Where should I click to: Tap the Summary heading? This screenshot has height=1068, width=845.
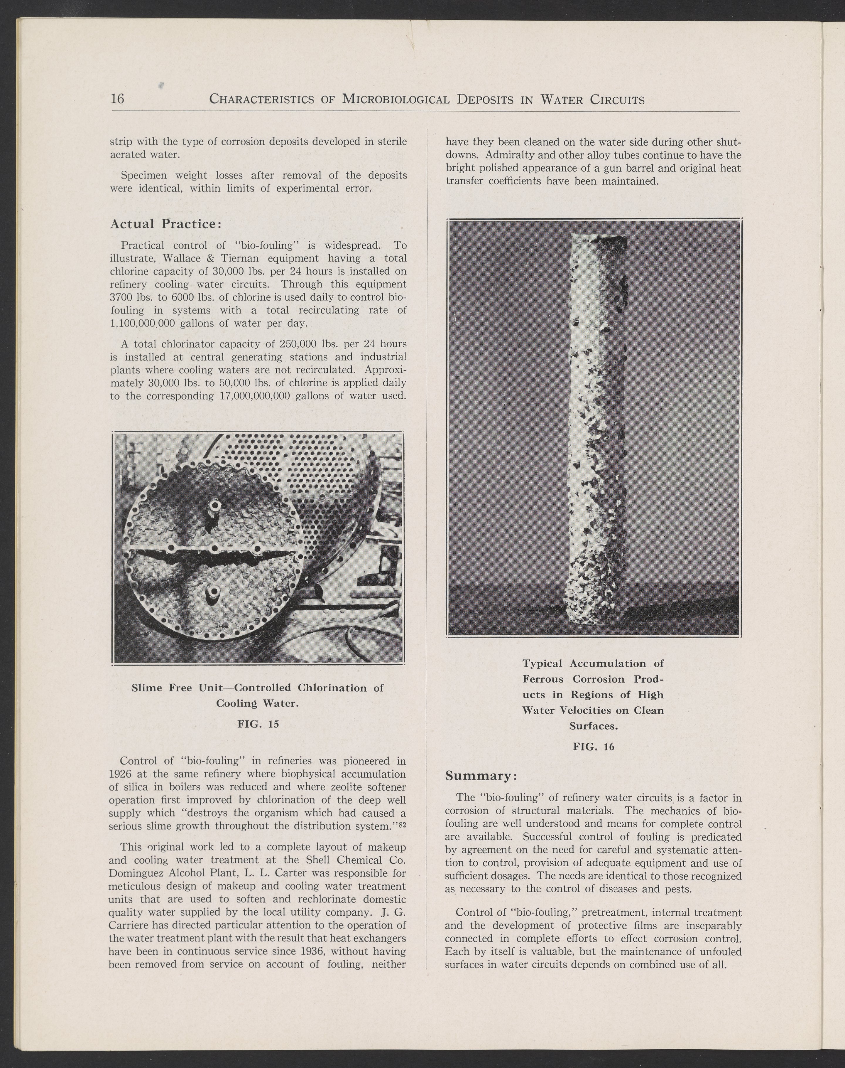coord(481,776)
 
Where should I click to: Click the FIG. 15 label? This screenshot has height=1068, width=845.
coord(258,724)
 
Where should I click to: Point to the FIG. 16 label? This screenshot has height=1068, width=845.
coord(593,746)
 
